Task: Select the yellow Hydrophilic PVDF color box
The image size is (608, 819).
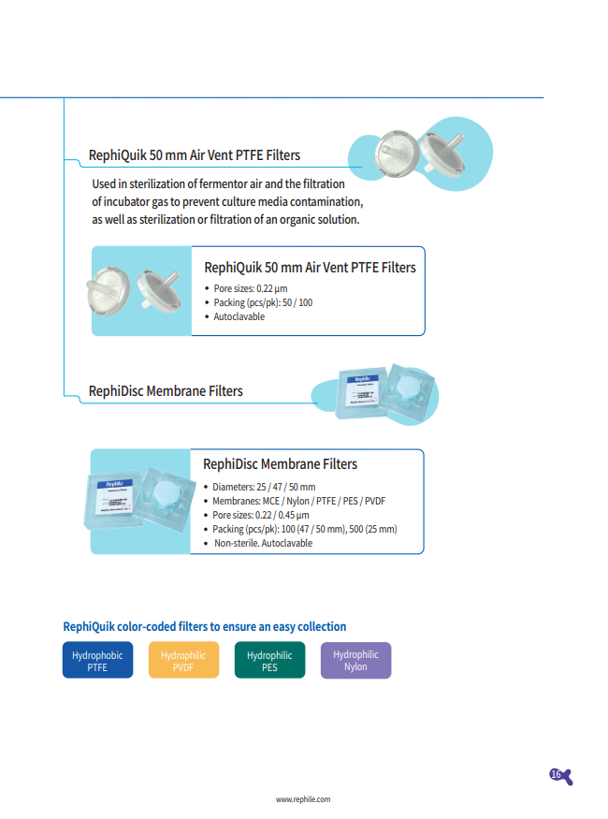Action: click(183, 661)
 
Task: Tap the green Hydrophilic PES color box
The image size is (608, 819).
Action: click(269, 661)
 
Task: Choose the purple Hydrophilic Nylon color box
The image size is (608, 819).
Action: click(355, 661)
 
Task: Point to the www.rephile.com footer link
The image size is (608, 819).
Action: click(303, 799)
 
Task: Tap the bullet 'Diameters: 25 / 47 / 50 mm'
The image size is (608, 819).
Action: click(265, 487)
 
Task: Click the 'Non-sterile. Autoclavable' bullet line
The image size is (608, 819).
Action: click(264, 543)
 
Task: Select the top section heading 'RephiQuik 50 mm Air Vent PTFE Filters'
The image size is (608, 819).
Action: click(195, 154)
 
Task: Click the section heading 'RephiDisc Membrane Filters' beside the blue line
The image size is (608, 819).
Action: click(166, 390)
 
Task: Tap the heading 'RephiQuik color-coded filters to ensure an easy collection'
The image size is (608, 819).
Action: click(204, 626)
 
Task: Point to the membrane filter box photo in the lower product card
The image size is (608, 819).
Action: click(140, 502)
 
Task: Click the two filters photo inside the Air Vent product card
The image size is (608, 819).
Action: click(140, 291)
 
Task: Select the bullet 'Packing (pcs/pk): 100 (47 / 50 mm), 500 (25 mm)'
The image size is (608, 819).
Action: click(305, 529)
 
